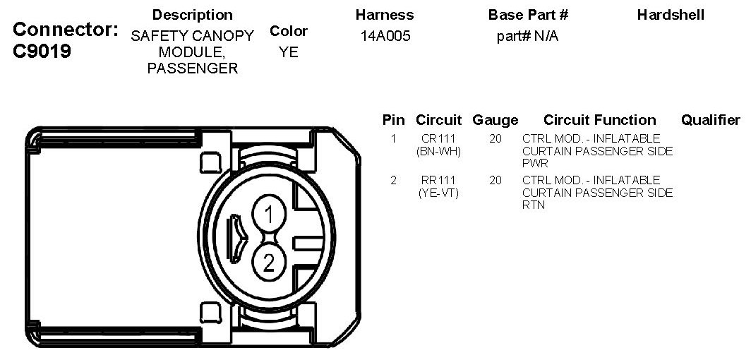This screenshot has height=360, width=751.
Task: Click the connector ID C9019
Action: click(42, 52)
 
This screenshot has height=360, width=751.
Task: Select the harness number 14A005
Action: click(385, 36)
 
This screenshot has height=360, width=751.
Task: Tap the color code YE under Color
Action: click(289, 52)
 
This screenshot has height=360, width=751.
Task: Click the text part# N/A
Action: click(527, 36)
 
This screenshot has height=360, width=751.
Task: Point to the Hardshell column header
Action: click(671, 15)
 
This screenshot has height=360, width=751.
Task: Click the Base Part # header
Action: click(528, 15)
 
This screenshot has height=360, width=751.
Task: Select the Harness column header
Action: click(385, 15)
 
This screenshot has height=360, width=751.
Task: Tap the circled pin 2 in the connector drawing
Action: click(269, 263)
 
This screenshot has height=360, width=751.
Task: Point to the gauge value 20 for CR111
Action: click(495, 139)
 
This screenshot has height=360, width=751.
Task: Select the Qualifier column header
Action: click(710, 120)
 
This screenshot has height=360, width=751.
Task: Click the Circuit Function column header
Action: click(599, 120)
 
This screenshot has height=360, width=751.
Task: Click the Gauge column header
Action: click(495, 120)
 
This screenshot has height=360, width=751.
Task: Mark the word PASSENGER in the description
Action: click(192, 68)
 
